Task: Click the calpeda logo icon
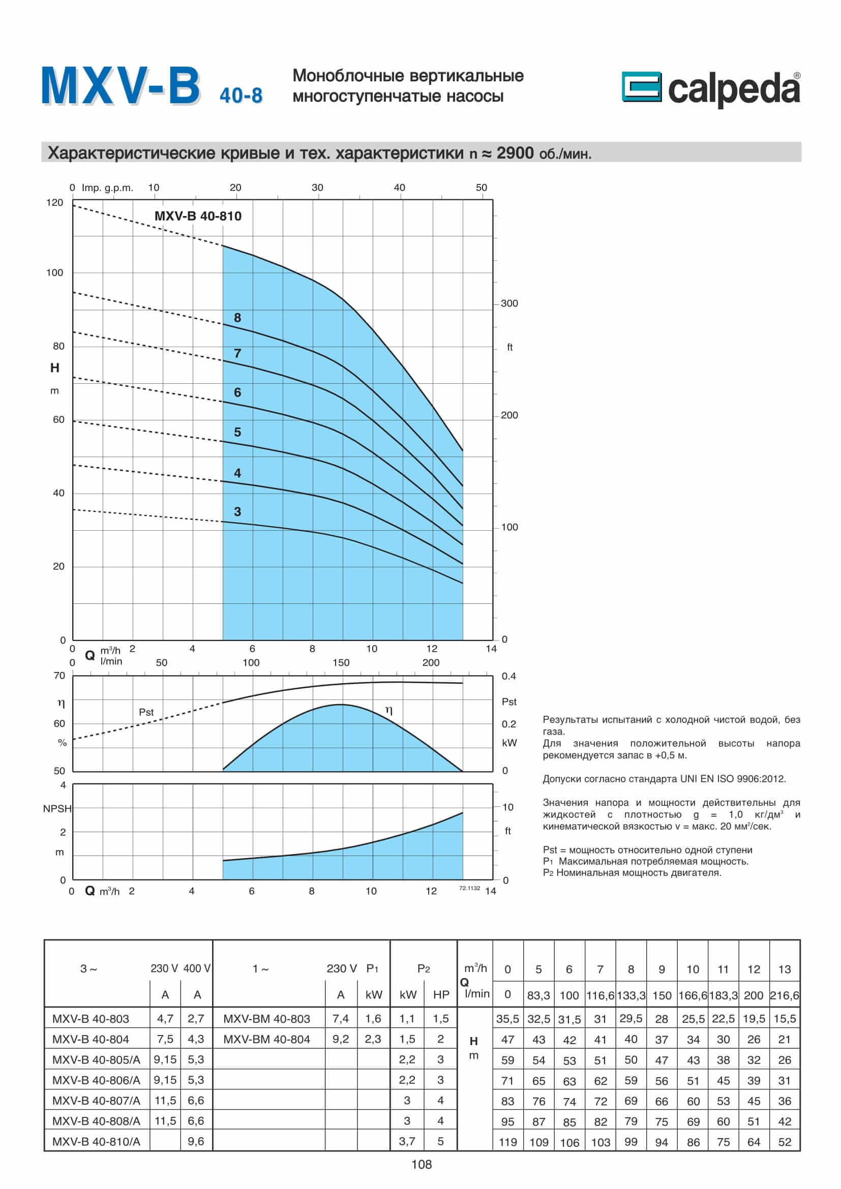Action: click(x=641, y=86)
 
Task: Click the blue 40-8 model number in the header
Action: click(x=241, y=96)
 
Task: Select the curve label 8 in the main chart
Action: click(x=237, y=317)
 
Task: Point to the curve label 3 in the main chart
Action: click(x=237, y=512)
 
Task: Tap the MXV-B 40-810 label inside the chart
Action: click(x=198, y=216)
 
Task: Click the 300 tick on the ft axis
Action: click(x=509, y=303)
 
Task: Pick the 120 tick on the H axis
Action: click(x=54, y=202)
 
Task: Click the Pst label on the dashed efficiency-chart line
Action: click(x=146, y=712)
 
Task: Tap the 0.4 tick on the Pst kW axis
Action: click(x=508, y=676)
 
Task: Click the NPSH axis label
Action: click(x=57, y=808)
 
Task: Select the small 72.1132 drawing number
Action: click(x=469, y=888)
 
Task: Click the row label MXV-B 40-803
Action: click(x=91, y=1019)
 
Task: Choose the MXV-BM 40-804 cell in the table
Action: click(x=267, y=1039)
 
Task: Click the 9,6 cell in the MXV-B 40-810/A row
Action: click(x=196, y=1141)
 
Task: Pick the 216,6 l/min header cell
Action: click(x=784, y=995)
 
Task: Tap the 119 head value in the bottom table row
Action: click(x=507, y=1141)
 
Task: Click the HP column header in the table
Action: click(x=441, y=994)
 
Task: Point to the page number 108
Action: click(x=421, y=1165)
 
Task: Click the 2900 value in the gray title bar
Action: click(x=515, y=153)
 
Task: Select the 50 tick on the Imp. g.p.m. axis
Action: click(x=481, y=188)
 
